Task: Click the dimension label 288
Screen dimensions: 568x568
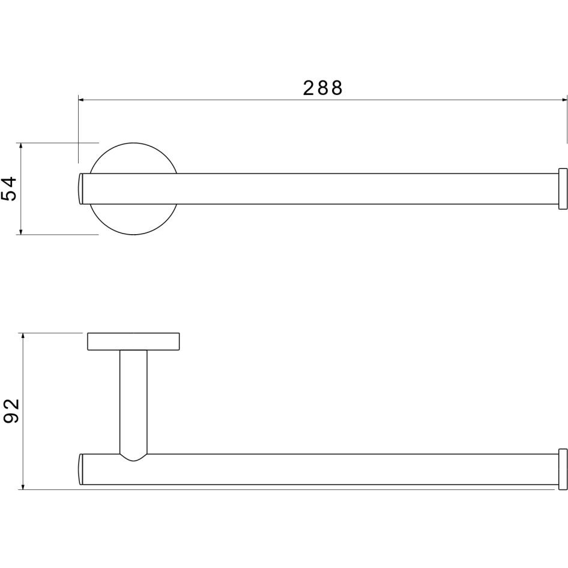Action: (x=322, y=88)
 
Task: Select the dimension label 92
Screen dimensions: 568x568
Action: (x=11, y=411)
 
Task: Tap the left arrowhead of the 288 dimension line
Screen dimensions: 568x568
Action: (x=82, y=100)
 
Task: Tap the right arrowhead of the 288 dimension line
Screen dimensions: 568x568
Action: (x=564, y=100)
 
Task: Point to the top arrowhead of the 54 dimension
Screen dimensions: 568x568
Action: (x=21, y=146)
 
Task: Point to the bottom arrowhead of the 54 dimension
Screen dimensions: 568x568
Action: (x=21, y=231)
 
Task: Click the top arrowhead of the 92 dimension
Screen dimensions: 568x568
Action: (x=23, y=336)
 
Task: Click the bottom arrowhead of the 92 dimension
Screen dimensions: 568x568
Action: (x=23, y=486)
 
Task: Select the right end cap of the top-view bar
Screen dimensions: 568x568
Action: (x=563, y=189)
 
